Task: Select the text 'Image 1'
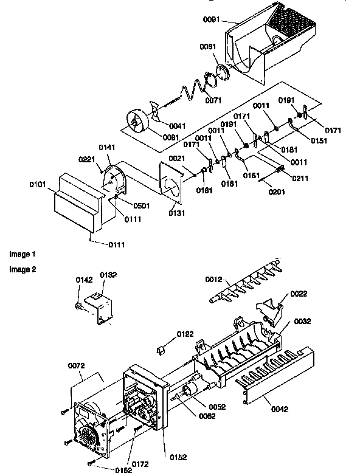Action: (x=22, y=252)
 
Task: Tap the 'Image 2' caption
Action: (x=22, y=269)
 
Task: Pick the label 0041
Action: (x=178, y=126)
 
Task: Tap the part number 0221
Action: (x=87, y=159)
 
